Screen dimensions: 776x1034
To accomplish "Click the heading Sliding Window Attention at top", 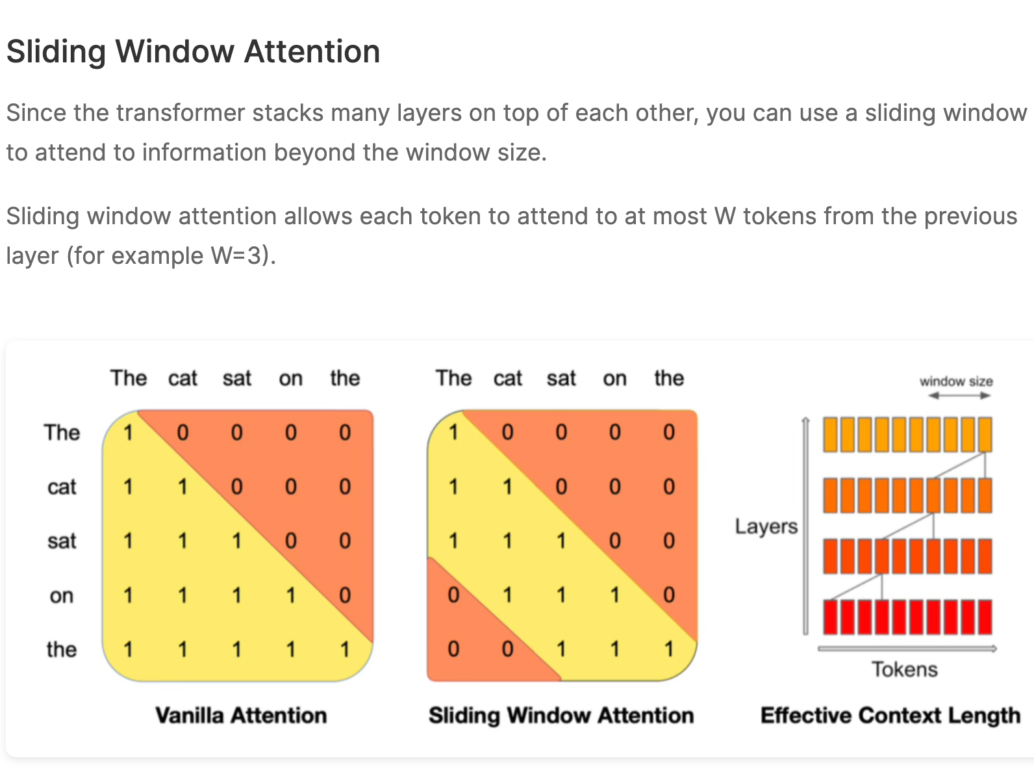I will click(193, 52).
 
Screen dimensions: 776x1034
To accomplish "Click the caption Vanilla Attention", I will click(241, 715).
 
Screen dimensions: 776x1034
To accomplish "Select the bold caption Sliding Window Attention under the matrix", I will click(561, 715).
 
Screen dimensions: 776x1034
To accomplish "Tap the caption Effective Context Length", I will click(890, 715).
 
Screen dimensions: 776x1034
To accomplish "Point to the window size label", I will click(956, 382).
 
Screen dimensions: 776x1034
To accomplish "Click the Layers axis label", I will click(766, 526).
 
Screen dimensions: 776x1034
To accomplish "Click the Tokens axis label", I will click(904, 669).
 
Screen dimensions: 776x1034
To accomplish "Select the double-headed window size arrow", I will click(959, 396).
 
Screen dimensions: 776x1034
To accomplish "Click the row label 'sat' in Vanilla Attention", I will click(62, 541).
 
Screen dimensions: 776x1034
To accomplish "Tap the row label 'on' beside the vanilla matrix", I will click(62, 595).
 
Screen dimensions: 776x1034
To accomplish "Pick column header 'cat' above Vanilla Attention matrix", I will click(183, 378).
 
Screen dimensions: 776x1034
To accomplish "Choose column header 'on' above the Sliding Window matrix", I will click(615, 378).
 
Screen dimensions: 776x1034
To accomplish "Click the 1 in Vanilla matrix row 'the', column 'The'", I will click(128, 649).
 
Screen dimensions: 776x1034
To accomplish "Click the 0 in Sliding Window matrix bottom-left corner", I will click(453, 649).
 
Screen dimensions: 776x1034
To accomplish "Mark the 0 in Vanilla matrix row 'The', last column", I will click(345, 432).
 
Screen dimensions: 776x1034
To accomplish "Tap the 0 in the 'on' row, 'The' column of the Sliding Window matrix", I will click(453, 595).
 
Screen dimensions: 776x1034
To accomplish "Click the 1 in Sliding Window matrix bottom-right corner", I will click(669, 649).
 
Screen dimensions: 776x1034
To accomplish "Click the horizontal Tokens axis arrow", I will click(907, 648).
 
